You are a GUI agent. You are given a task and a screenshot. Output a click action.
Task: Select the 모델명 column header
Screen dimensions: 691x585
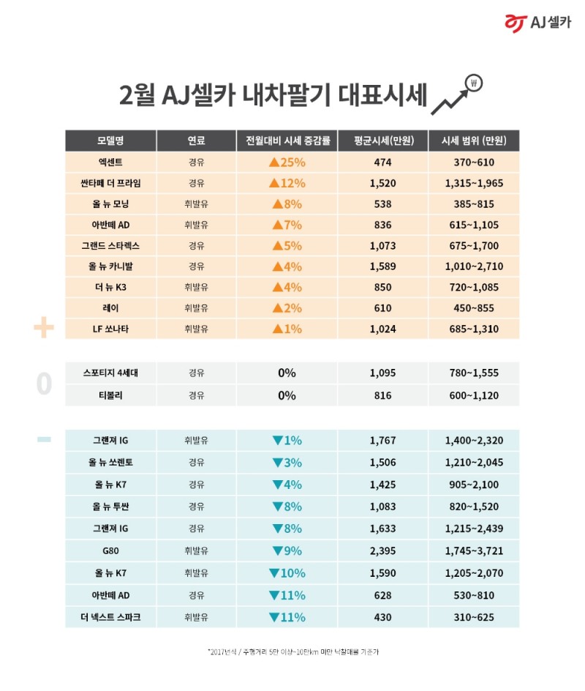(x=110, y=140)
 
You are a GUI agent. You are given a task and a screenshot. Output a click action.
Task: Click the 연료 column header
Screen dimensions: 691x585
(x=196, y=140)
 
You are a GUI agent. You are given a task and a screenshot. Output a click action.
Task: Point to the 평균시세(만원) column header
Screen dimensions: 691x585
(x=382, y=140)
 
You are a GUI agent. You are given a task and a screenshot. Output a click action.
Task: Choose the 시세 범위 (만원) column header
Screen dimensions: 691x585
(x=474, y=140)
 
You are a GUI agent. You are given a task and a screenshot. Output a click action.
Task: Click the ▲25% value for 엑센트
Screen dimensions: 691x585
(x=287, y=162)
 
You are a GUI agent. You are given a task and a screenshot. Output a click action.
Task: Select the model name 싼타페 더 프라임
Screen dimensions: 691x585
(x=110, y=183)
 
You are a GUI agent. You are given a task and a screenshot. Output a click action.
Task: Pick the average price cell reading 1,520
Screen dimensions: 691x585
(x=382, y=183)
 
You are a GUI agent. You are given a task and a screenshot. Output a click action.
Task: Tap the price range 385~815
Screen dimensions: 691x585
(x=474, y=203)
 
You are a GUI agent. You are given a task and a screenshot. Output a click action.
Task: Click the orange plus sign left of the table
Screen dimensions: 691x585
(x=44, y=329)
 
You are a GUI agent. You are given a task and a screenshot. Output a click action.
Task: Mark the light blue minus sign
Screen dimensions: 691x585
(x=44, y=439)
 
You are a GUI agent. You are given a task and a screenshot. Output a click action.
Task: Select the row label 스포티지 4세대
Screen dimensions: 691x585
(x=110, y=373)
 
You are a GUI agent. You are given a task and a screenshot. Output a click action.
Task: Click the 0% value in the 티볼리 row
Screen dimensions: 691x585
(x=287, y=395)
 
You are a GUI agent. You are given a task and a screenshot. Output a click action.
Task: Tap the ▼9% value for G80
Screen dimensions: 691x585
(x=287, y=550)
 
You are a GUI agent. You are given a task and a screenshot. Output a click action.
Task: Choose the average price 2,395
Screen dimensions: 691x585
(x=382, y=550)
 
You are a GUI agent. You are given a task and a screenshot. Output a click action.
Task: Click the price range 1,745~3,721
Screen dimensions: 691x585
(x=474, y=550)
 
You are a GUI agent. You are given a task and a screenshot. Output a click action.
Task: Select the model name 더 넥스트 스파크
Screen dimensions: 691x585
(x=110, y=617)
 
